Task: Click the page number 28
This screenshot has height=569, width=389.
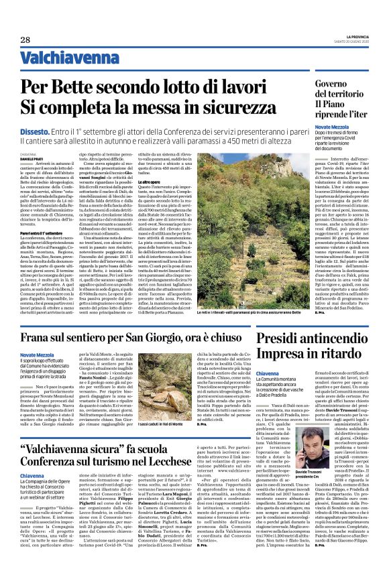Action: pyautogui.click(x=25, y=40)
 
